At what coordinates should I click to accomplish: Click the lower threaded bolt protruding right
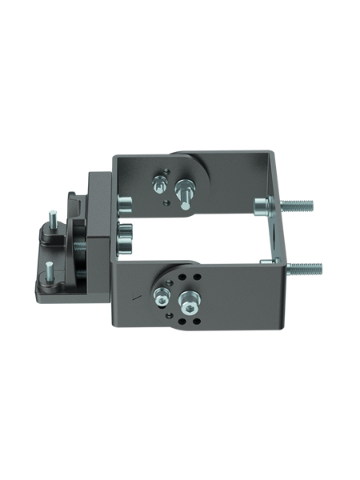click(x=304, y=266)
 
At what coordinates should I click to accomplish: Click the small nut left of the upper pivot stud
click(x=158, y=184)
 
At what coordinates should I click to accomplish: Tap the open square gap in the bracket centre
click(x=200, y=236)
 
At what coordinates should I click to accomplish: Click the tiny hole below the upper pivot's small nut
click(x=165, y=202)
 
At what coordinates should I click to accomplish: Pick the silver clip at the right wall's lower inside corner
click(x=268, y=260)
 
